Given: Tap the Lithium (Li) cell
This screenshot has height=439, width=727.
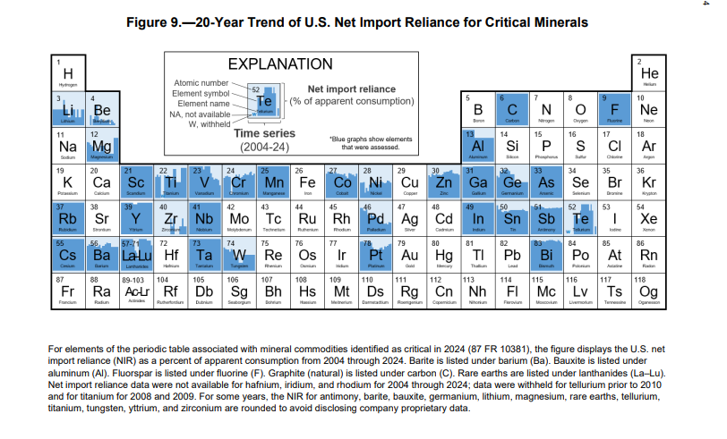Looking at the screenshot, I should pos(67,109).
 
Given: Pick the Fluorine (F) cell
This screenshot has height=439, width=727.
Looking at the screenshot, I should pos(614,109).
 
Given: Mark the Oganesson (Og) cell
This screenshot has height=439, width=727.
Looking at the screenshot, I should pos(648,291).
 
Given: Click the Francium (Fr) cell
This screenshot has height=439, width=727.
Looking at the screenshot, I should pos(67,291).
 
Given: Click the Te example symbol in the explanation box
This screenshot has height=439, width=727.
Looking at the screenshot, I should pos(264,101).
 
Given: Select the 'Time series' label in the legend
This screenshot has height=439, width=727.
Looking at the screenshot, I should pos(264,133).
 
